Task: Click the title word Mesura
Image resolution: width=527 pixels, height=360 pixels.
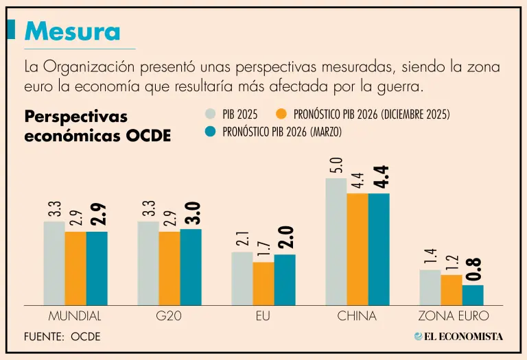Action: pyautogui.click(x=72, y=31)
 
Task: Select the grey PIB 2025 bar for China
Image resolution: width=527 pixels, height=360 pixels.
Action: pyautogui.click(x=336, y=241)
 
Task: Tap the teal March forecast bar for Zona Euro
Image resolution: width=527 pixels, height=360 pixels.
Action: pyautogui.click(x=473, y=295)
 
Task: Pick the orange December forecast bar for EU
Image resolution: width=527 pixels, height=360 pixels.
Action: pyautogui.click(x=263, y=283)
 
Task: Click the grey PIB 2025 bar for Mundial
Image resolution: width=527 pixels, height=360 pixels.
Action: pyautogui.click(x=54, y=263)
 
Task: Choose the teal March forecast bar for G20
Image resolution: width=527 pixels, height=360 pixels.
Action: pyautogui.click(x=191, y=267)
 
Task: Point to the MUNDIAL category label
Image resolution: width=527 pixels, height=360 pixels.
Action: pyautogui.click(x=75, y=316)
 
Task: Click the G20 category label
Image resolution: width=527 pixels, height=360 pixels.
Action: pyautogui.click(x=169, y=316)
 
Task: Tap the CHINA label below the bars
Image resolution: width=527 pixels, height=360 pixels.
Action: pyautogui.click(x=357, y=316)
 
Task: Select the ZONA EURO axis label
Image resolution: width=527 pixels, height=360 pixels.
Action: pyautogui.click(x=454, y=316)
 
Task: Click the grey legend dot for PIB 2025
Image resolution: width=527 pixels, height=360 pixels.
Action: pyautogui.click(x=211, y=115)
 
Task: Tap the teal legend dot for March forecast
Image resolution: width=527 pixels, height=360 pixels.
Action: pyautogui.click(x=211, y=131)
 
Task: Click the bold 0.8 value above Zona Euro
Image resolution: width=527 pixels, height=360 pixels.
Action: pyautogui.click(x=473, y=269)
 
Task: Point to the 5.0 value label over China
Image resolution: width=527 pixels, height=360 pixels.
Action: pyautogui.click(x=336, y=165)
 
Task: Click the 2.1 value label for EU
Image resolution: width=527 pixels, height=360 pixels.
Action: pyautogui.click(x=242, y=239)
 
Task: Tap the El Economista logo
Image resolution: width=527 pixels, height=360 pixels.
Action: pyautogui.click(x=458, y=336)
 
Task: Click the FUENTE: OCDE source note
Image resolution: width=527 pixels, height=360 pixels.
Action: pyautogui.click(x=62, y=337)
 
